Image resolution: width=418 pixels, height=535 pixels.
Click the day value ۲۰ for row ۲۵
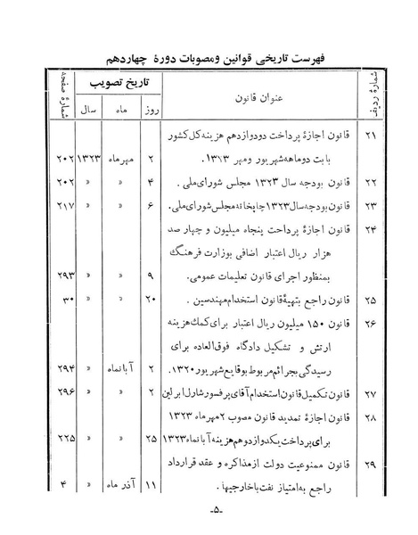(x=149, y=296)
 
